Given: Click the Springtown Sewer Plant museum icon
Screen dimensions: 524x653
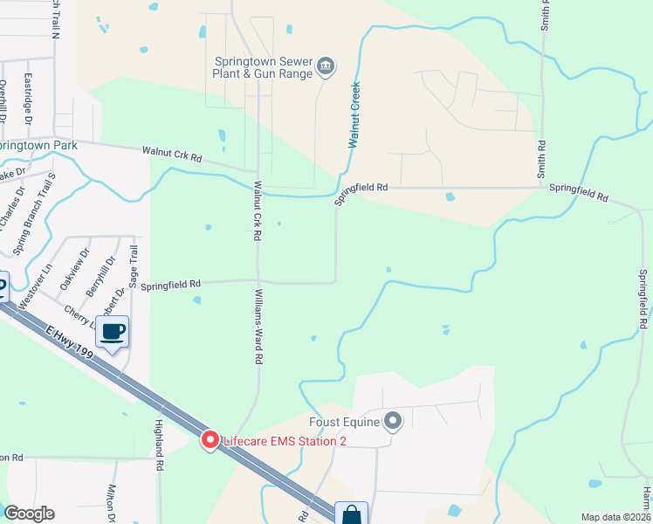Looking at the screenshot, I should (x=326, y=65).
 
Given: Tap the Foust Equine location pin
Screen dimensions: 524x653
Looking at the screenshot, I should (x=393, y=423).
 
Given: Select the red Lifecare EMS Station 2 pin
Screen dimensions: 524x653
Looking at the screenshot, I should (x=210, y=440).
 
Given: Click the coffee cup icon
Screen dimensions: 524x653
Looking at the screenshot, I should (x=114, y=332).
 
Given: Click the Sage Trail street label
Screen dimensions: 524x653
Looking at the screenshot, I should (x=134, y=267).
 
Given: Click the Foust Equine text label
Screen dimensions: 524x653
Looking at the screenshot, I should (x=353, y=423).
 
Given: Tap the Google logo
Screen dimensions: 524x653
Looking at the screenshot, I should (x=29, y=514).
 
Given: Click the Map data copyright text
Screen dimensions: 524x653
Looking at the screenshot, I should (x=615, y=517).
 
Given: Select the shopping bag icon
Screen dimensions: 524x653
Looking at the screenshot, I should (x=352, y=514).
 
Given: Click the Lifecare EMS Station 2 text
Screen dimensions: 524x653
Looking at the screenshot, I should (x=285, y=441).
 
